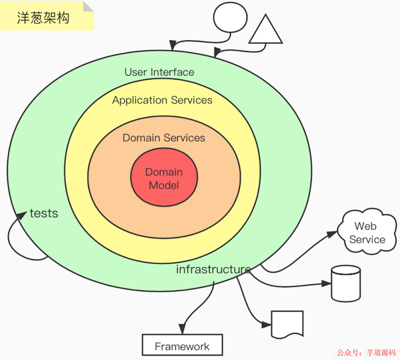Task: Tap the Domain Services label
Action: [x=164, y=138]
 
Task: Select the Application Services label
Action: [x=162, y=100]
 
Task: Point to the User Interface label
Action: [x=159, y=72]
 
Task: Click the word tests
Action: [x=44, y=214]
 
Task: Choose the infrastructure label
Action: [x=213, y=269]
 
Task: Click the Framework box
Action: [x=182, y=345]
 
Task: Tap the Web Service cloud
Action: [x=367, y=232]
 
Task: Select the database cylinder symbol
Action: [x=346, y=284]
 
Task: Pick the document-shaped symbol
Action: [x=287, y=324]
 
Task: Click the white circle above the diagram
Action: [x=230, y=17]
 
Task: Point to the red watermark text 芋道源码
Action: [x=381, y=353]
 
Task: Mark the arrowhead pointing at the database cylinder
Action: [x=326, y=284]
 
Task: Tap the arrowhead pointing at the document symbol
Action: [x=266, y=325]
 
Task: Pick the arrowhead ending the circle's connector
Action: [x=172, y=46]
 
